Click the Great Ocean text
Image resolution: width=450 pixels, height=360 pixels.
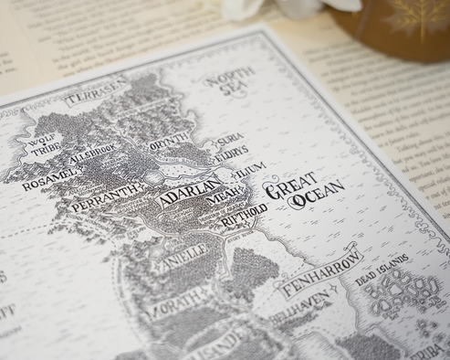(x=303, y=194)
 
